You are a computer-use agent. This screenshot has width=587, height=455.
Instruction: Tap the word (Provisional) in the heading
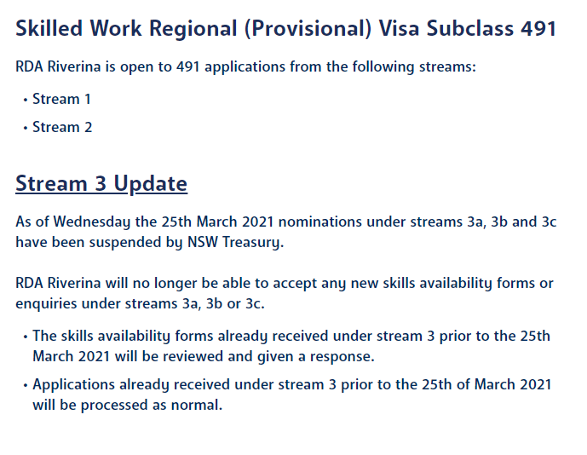point(308,29)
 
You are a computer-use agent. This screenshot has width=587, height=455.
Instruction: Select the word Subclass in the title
point(469,28)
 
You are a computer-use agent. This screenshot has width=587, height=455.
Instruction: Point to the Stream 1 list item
point(61,99)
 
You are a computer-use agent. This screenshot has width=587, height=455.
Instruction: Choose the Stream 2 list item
point(62,127)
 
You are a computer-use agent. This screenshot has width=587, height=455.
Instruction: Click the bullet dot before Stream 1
point(26,100)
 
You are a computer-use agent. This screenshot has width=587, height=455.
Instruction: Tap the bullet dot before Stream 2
point(26,128)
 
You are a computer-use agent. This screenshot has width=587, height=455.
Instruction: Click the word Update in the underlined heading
point(151,184)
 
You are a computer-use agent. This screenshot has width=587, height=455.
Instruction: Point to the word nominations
point(320,222)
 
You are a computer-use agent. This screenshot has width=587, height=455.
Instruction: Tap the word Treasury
point(253,242)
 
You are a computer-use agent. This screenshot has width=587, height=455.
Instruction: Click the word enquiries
point(46,303)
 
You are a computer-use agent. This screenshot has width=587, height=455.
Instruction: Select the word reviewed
point(193,356)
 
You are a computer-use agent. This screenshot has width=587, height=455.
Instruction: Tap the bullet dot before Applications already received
point(26,385)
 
